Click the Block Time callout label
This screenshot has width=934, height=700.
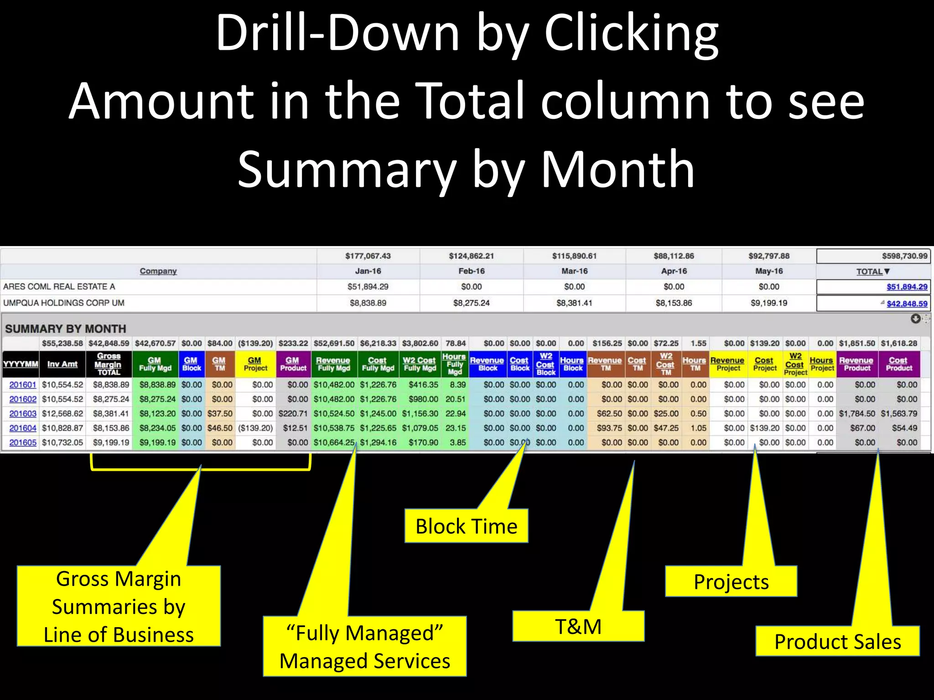pyautogui.click(x=466, y=526)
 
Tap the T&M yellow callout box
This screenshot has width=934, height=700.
pyautogui.click(x=578, y=626)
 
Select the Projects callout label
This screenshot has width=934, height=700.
pyautogui.click(x=731, y=582)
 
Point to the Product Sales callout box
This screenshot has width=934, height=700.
pyautogui.click(x=837, y=641)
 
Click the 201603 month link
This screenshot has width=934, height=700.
pyautogui.click(x=23, y=413)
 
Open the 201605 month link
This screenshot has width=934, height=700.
pyautogui.click(x=23, y=443)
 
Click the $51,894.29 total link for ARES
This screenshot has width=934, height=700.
pyautogui.click(x=907, y=287)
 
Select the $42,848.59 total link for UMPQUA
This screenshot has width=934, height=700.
pyautogui.click(x=907, y=304)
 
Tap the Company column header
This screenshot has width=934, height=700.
pyautogui.click(x=158, y=271)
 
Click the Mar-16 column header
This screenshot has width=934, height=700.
pyautogui.click(x=574, y=271)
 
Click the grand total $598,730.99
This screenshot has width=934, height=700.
pyautogui.click(x=904, y=256)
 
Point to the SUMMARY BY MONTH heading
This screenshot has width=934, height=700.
pyautogui.click(x=66, y=329)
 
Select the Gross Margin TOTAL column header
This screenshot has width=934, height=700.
pyautogui.click(x=108, y=364)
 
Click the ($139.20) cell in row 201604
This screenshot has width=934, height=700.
pyautogui.click(x=255, y=428)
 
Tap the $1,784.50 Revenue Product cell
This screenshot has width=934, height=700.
pyautogui.click(x=857, y=413)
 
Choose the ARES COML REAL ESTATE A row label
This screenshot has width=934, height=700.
pyautogui.click(x=59, y=287)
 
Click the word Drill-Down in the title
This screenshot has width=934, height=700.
pyautogui.click(x=337, y=33)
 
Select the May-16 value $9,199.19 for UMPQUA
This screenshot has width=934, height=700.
pyautogui.click(x=769, y=303)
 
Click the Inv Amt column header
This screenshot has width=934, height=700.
pyautogui.click(x=62, y=364)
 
